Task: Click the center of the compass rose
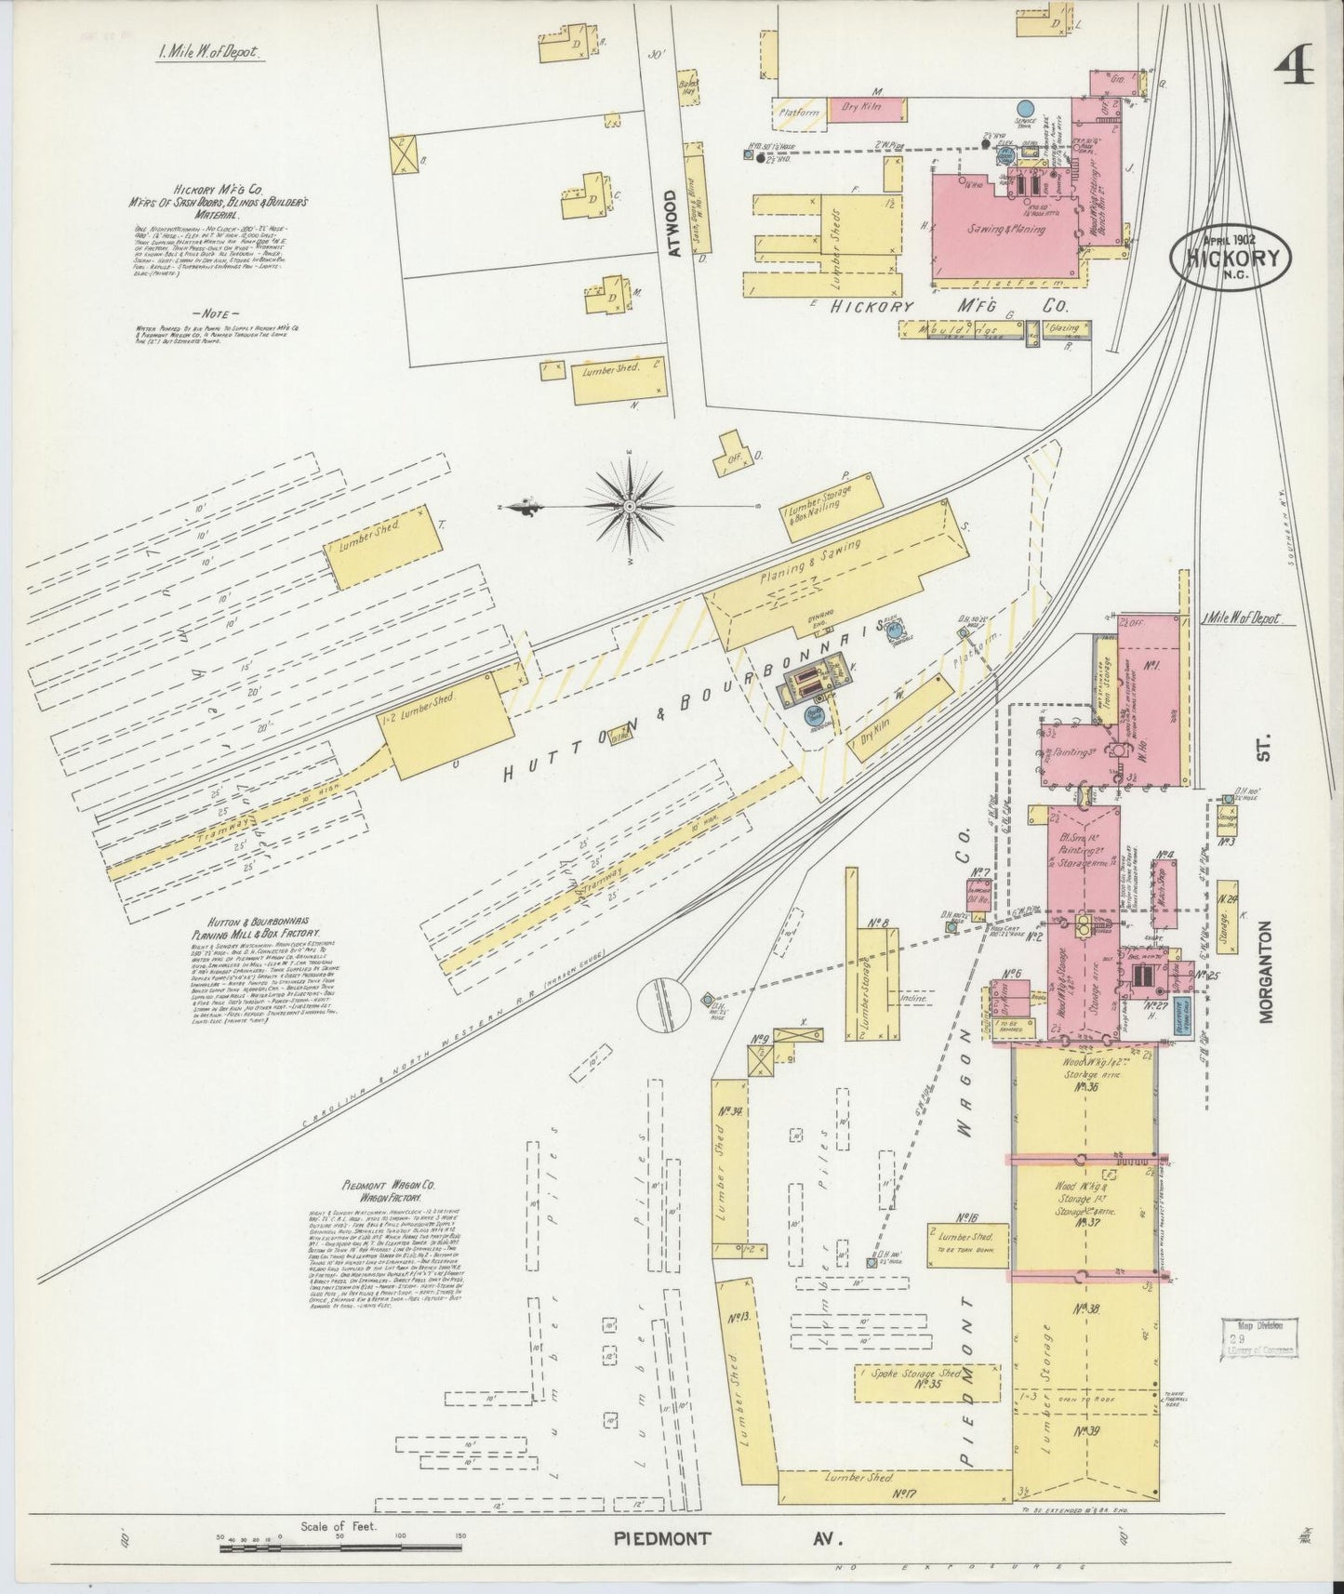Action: pyautogui.click(x=630, y=505)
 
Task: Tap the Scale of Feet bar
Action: pyautogui.click(x=340, y=1549)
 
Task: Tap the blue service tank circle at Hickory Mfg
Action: pyautogui.click(x=1025, y=110)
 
